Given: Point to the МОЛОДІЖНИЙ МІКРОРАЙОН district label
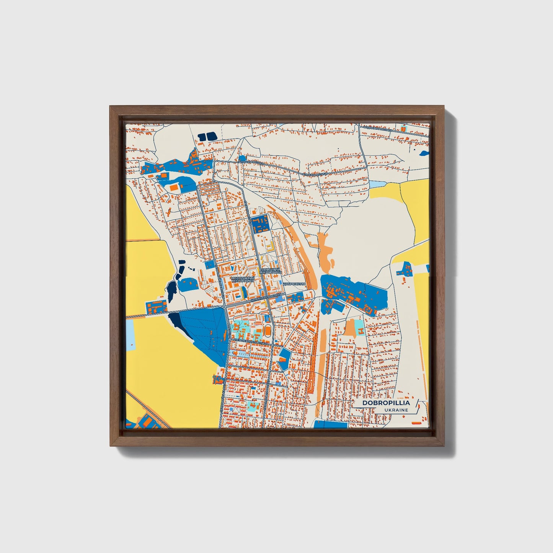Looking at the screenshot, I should click(x=243, y=279).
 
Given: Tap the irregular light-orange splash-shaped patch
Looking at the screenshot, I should click(x=325, y=251).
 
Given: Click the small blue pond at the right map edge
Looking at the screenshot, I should click(x=424, y=153).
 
